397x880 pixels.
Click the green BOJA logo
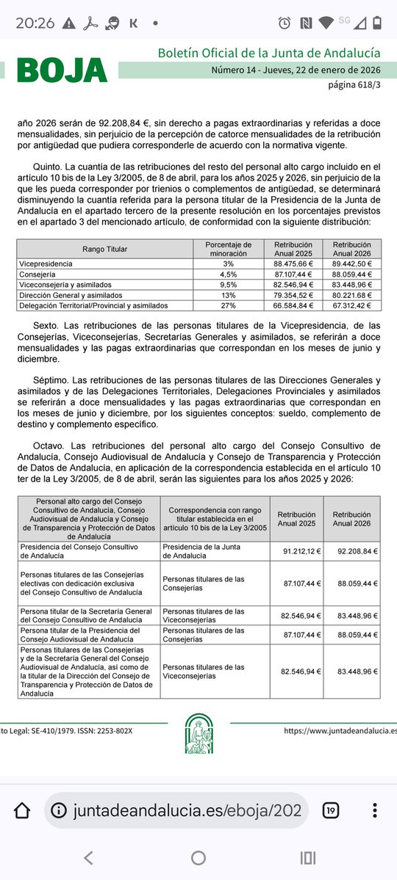click(x=62, y=70)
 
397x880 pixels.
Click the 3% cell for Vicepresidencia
click(x=228, y=263)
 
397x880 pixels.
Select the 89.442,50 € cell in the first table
click(x=351, y=263)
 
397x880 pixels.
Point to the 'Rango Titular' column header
click(x=105, y=249)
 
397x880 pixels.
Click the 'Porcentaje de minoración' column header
click(x=228, y=249)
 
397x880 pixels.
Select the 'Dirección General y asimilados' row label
click(x=66, y=294)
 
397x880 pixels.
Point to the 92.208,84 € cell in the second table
click(x=352, y=550)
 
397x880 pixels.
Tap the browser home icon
click(x=22, y=810)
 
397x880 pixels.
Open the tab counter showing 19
click(x=332, y=810)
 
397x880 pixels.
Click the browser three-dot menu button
click(x=375, y=810)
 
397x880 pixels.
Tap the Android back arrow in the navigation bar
click(x=88, y=857)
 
